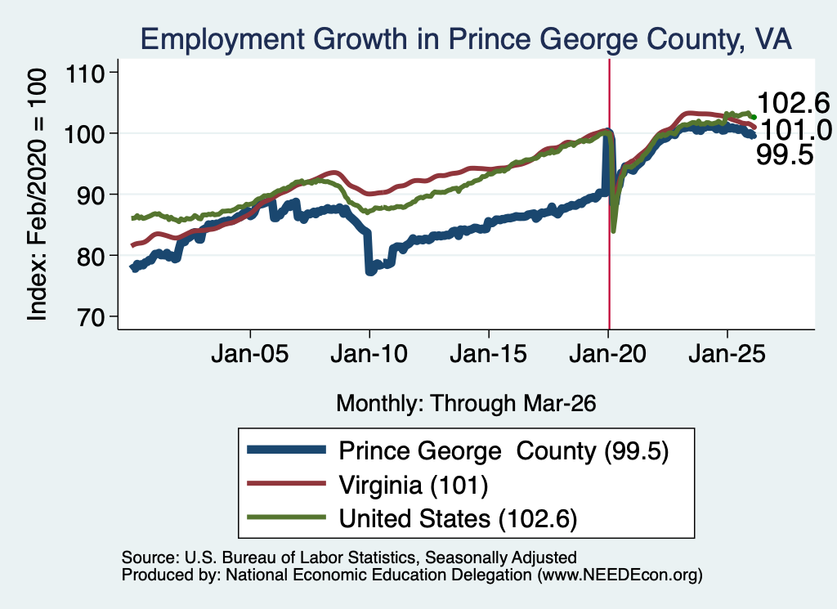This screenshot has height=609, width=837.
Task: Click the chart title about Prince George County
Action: (x=466, y=39)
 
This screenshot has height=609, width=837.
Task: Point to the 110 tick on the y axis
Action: (x=84, y=73)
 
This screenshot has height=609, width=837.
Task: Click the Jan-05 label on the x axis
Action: (x=250, y=354)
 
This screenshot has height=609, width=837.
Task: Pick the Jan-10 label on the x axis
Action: (x=369, y=354)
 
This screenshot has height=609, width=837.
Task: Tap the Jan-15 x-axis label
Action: (x=489, y=354)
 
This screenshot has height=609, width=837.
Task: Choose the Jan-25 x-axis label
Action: (x=727, y=354)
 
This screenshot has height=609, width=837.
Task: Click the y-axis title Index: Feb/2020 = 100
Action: (x=37, y=195)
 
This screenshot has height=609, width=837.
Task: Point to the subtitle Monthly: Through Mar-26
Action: (x=466, y=404)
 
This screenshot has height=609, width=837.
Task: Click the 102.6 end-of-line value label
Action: (x=793, y=102)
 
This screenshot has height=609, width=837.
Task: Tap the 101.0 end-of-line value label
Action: (x=795, y=130)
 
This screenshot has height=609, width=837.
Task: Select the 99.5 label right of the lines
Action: (x=785, y=154)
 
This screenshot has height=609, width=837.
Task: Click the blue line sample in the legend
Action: (x=287, y=450)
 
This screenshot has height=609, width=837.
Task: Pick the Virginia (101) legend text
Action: (x=414, y=486)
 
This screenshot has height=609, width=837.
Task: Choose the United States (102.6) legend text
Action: (x=458, y=519)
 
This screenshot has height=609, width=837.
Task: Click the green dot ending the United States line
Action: (x=754, y=117)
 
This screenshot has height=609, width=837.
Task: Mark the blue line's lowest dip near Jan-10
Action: (x=370, y=271)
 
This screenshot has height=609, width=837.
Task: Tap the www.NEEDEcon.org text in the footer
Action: (x=620, y=575)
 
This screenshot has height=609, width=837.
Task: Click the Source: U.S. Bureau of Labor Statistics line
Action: (x=349, y=558)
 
